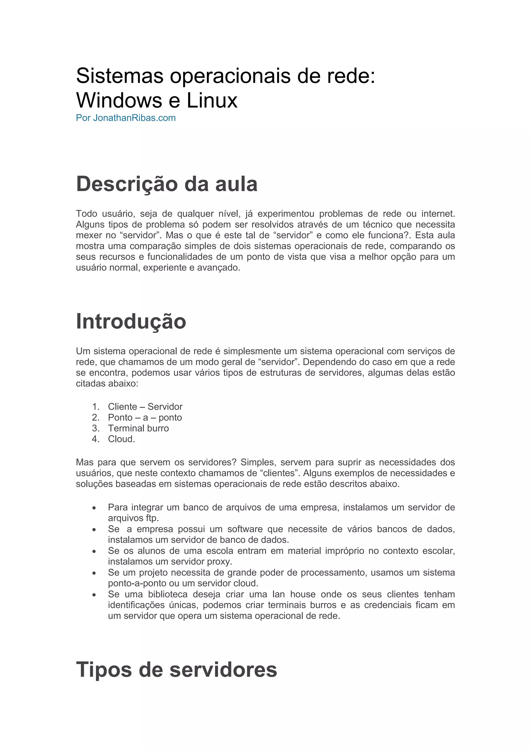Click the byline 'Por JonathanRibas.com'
[125, 118]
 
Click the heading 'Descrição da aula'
[166, 184]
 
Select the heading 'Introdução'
[131, 321]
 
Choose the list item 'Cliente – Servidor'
[145, 407]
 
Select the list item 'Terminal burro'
[138, 428]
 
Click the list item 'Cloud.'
[121, 439]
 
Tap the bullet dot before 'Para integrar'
[94, 508]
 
